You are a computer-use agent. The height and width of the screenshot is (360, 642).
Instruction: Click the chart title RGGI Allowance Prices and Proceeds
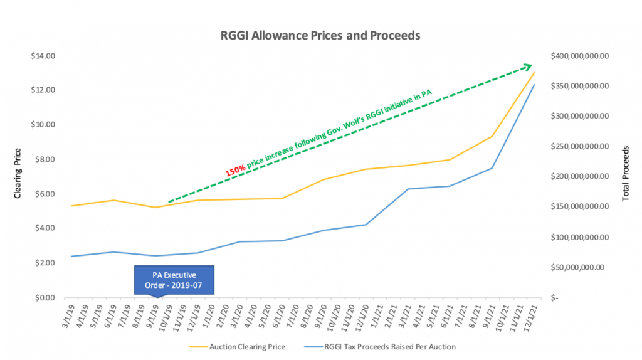tap(320, 35)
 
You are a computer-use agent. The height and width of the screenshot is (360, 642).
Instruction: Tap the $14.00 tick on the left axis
tap(45, 56)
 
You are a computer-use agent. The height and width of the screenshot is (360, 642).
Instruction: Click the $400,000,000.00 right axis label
tap(580, 56)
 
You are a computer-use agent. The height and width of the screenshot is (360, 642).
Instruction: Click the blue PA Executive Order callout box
tap(174, 280)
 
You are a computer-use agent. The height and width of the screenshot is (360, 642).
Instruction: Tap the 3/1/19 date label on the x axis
tap(70, 312)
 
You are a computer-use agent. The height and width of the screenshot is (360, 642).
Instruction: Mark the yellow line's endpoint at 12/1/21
tap(534, 72)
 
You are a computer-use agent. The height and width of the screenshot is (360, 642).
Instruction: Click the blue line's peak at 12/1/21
tap(534, 85)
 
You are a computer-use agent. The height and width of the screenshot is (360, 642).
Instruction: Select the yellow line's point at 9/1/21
tap(492, 136)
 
